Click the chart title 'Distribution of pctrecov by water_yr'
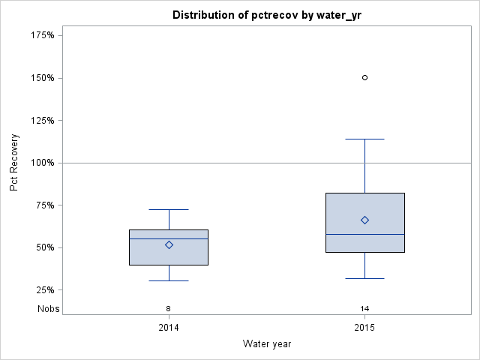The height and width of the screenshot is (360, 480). coord(267,15)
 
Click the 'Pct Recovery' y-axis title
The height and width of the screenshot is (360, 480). coord(14,163)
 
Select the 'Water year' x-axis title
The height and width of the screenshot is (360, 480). coord(267,343)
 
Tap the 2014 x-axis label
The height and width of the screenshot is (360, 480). coord(169,328)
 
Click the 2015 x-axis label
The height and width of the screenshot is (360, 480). coord(364,328)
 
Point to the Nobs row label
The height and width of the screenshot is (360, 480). coord(48,309)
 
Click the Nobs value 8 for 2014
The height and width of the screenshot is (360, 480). coord(169,309)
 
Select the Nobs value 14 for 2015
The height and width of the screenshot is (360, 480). coord(364,309)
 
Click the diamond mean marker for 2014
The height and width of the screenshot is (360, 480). coord(169,244)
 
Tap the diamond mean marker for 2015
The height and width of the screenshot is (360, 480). coord(364,220)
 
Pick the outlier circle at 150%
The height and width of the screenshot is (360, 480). coord(364,77)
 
